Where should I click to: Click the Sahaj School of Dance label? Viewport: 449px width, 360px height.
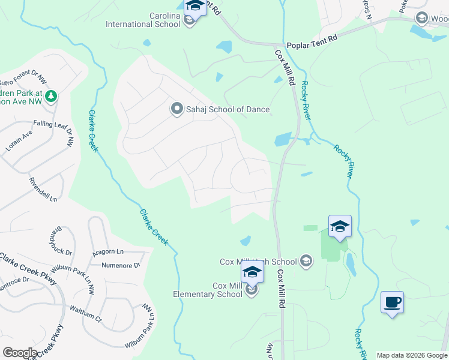tap(229, 109)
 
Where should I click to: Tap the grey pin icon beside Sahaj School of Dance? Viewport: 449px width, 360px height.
tap(176, 109)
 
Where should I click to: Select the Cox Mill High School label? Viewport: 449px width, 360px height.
tap(258, 262)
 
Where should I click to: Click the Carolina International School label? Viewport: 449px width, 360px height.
tap(143, 20)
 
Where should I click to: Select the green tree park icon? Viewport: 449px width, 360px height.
tap(52, 95)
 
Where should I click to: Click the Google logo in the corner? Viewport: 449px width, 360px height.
tap(19, 353)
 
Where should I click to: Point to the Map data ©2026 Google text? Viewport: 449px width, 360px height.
tap(412, 355)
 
